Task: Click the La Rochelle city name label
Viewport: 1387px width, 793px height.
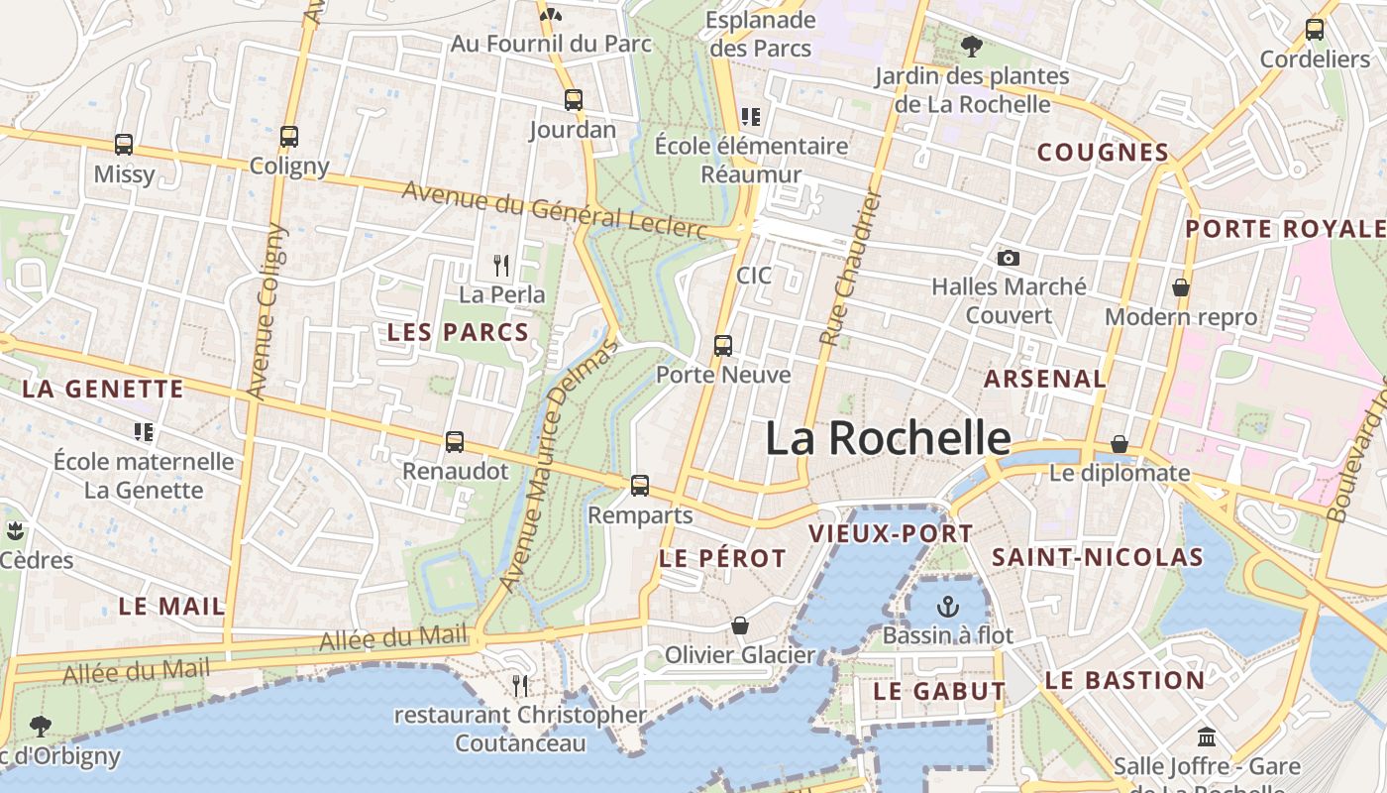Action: (888, 439)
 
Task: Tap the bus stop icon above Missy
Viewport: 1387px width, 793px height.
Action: (124, 145)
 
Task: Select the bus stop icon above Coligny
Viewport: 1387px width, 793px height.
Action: (289, 137)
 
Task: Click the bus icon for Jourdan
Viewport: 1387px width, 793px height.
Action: (574, 100)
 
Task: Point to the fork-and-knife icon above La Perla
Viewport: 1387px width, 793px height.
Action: (501, 265)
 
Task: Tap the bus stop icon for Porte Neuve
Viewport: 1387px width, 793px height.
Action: (723, 346)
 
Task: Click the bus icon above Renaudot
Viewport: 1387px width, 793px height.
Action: (455, 442)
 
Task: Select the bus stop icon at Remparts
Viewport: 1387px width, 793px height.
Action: (640, 486)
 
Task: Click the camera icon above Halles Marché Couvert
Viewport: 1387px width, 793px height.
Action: (1009, 259)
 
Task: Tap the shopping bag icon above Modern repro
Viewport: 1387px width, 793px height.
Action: (1181, 287)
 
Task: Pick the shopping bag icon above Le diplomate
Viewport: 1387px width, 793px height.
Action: (1120, 443)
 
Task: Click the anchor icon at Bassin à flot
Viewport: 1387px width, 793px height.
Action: (948, 606)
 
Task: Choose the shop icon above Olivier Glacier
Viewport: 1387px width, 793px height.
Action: (740, 625)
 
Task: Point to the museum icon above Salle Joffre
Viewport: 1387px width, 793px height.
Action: (1207, 736)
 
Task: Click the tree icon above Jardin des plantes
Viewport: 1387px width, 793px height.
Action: (972, 46)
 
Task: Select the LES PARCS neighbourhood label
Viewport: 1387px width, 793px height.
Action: (458, 332)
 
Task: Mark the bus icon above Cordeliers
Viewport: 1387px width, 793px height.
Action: (1315, 30)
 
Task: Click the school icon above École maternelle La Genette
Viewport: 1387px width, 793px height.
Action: (144, 432)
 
